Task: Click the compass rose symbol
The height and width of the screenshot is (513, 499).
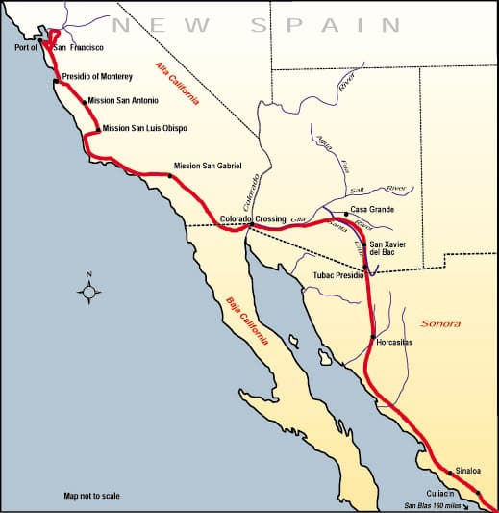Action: pos(88,289)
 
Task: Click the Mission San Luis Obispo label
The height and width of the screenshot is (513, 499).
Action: pos(144,128)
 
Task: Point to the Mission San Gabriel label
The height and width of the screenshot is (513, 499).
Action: pos(209,166)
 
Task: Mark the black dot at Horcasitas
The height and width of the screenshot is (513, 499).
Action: pos(372,336)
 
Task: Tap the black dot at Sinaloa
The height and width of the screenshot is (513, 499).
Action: pos(449,473)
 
